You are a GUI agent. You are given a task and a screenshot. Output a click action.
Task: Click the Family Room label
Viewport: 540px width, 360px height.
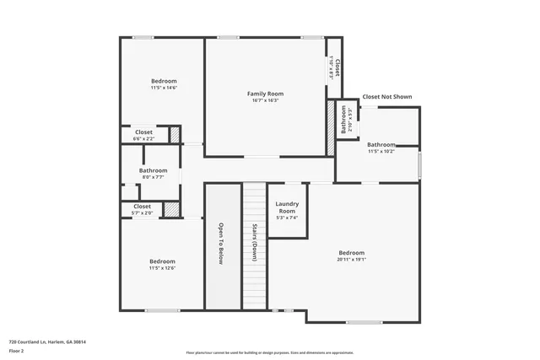265,93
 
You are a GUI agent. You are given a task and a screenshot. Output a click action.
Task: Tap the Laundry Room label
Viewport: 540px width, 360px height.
288,207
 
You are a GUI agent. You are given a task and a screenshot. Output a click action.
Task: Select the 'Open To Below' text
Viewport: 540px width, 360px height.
222,244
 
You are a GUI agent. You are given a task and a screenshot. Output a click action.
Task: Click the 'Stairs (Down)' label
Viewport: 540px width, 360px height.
254,244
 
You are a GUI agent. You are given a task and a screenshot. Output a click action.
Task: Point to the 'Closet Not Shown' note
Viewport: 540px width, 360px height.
386,97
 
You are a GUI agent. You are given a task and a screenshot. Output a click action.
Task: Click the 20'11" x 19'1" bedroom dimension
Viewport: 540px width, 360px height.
352,261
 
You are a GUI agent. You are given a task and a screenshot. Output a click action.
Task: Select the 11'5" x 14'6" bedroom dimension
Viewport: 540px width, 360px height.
164,88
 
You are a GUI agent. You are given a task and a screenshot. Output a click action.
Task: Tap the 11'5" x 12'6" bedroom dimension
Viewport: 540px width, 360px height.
162,268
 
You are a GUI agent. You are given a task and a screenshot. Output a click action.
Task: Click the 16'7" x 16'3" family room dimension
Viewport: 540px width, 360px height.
265,100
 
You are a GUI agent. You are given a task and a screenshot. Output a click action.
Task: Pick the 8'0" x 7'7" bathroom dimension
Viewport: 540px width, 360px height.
153,177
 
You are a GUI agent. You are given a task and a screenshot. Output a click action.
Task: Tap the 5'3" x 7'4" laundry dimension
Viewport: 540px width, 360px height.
288,218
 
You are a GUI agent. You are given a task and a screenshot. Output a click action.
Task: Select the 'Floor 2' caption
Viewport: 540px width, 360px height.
16,350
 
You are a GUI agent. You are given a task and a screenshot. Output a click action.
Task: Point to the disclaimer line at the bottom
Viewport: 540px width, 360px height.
270,352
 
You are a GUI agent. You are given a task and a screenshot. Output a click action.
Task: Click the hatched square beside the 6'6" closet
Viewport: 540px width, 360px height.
175,134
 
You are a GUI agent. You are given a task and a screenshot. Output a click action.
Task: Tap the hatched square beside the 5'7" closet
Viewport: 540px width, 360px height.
172,208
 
